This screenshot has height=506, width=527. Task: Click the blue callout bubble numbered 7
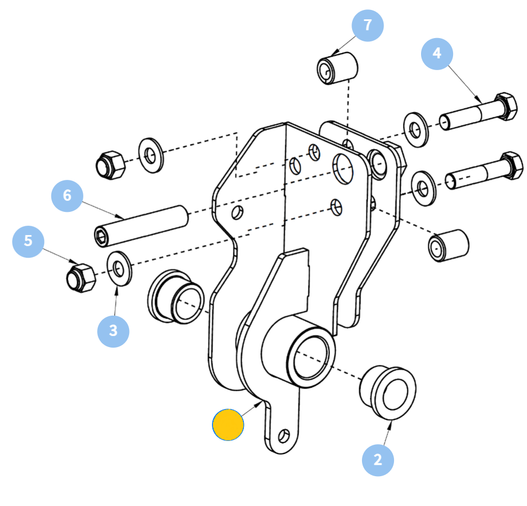coord(368,25)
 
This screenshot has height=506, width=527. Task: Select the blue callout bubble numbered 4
coord(437,54)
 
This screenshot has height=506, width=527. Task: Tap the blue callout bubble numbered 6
coord(67,196)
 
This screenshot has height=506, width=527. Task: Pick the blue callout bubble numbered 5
coord(28,242)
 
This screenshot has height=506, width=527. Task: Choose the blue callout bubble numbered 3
coord(113,331)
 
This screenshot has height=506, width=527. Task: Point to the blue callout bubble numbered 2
coord(378,460)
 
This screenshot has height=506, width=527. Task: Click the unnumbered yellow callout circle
coord(228,425)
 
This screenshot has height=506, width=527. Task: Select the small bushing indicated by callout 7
coord(337,68)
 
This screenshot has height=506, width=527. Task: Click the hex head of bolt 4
coord(506,106)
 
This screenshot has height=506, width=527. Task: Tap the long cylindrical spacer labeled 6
coord(141,226)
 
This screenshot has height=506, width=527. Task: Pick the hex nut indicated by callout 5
coord(81,278)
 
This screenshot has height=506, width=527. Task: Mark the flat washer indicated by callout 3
coord(119,269)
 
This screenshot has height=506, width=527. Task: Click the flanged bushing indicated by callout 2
coord(388,393)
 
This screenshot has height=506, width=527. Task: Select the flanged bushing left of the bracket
coord(176,296)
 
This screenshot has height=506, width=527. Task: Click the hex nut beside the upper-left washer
coord(110,165)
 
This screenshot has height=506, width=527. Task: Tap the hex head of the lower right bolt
coord(512,166)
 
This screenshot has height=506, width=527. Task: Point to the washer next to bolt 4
coord(416,130)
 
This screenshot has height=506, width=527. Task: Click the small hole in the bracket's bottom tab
coord(284,436)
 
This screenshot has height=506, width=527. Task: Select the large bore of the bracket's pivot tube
coord(311,358)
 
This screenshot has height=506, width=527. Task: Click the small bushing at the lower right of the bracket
coord(448,246)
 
